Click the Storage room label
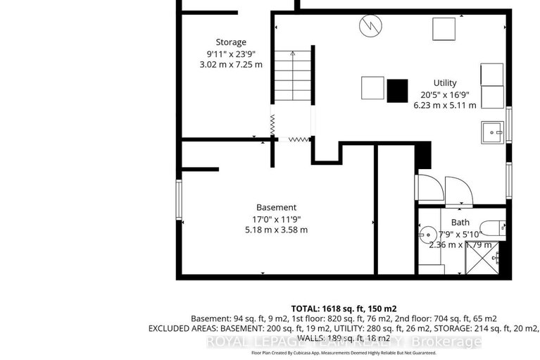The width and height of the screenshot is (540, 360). point(231,41)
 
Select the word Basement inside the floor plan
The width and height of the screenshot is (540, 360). point(276,207)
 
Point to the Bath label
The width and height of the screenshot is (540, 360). point(450,223)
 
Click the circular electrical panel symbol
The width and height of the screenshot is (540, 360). point(368,27)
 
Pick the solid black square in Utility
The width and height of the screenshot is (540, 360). point(397,89)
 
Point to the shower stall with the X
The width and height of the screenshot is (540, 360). point(486,259)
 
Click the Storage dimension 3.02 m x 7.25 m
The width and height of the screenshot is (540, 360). point(231,64)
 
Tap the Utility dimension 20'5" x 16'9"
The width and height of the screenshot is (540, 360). point(444,94)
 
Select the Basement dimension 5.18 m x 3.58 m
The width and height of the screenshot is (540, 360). point(276,230)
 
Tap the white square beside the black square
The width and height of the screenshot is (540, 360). point(373,88)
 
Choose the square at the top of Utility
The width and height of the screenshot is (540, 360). point(444,29)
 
